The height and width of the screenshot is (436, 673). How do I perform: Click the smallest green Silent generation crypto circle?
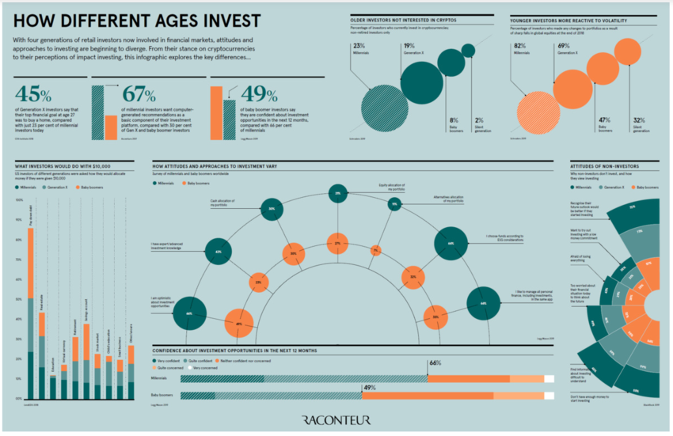pos(468,51)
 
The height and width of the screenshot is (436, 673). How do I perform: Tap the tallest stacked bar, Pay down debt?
pos(31,301)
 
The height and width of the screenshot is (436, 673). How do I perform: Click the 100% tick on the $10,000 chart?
pos(18,200)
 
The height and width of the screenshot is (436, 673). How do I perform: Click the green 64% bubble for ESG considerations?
pos(451,244)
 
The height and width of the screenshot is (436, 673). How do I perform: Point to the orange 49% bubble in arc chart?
pos(238,324)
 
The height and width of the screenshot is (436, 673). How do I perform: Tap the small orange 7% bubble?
pos(375,251)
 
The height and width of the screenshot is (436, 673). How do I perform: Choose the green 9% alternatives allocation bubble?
pos(394,205)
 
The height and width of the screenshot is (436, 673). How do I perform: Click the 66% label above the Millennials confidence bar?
pos(434,363)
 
